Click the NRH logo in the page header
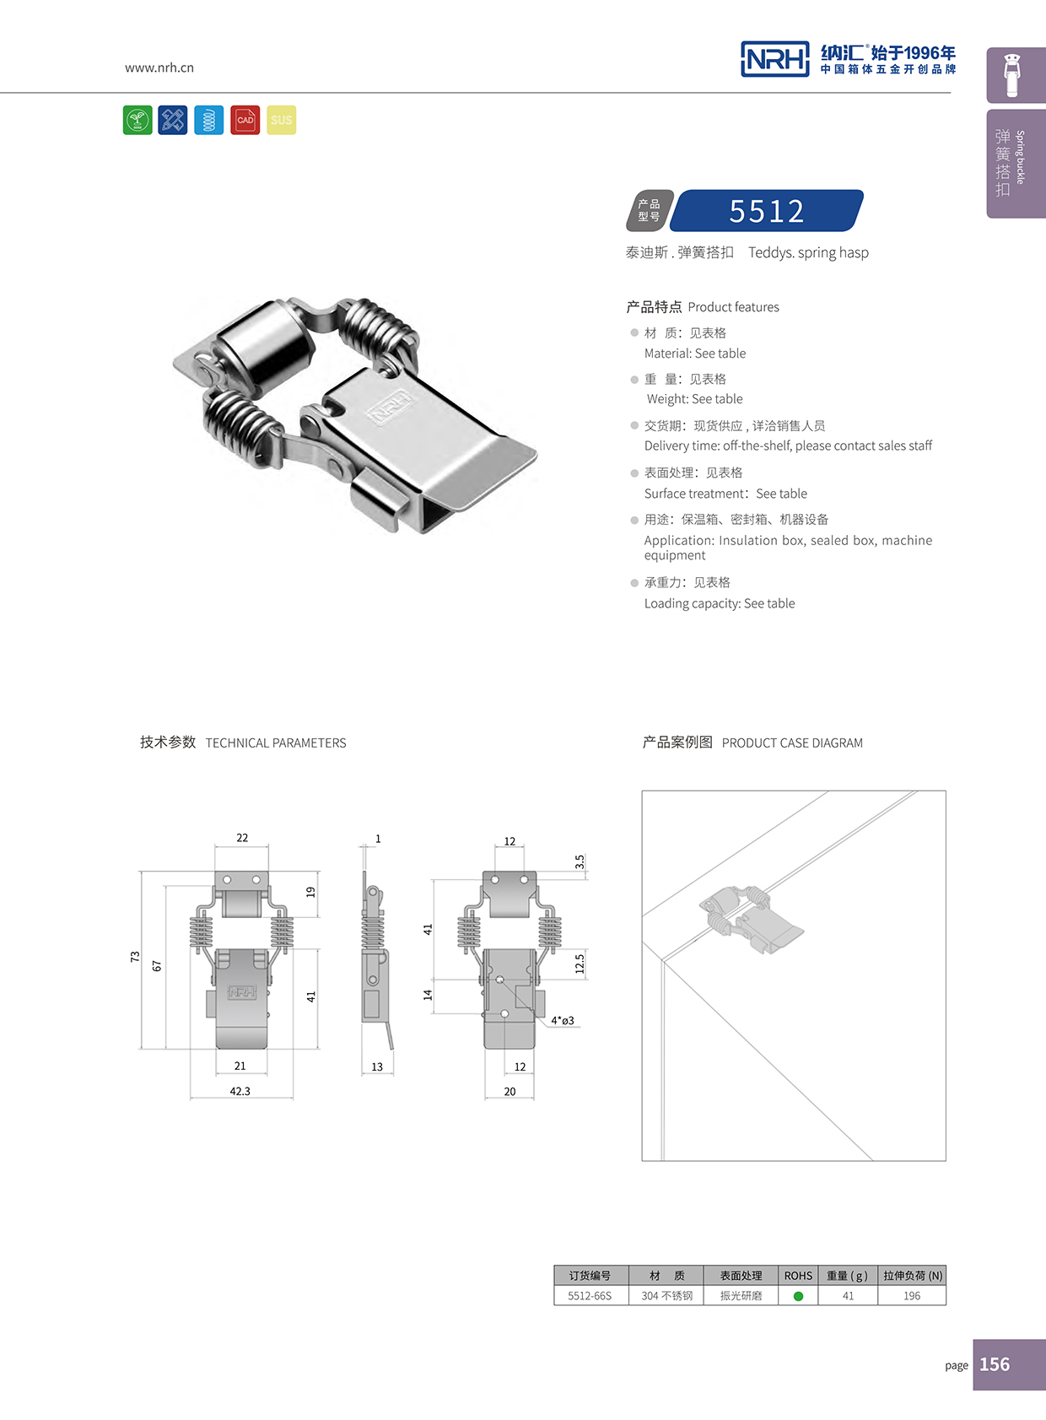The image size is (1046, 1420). [x=774, y=59]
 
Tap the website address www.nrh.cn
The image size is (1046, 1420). [x=159, y=67]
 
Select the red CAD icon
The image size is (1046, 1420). [x=245, y=120]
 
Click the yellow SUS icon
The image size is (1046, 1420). [x=282, y=120]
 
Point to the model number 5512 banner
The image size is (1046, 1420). [x=767, y=211]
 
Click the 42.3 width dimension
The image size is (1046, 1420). [x=240, y=1091]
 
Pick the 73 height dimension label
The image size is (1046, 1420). [x=135, y=956]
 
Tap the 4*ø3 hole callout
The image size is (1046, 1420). [x=563, y=1021]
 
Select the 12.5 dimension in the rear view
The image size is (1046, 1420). [x=580, y=964]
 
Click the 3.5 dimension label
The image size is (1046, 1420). [x=580, y=861]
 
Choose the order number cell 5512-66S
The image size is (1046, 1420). [x=590, y=1296]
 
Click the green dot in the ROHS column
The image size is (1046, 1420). [x=798, y=1296]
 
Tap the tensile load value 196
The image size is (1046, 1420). [x=912, y=1296]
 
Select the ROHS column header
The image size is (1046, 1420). [x=798, y=1276]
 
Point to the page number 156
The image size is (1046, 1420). [x=995, y=1364]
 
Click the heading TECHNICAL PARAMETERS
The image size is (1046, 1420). [x=276, y=743]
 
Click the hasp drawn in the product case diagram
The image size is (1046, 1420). [x=751, y=919]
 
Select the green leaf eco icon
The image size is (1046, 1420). [x=137, y=120]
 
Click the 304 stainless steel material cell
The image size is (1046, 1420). [x=666, y=1296]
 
